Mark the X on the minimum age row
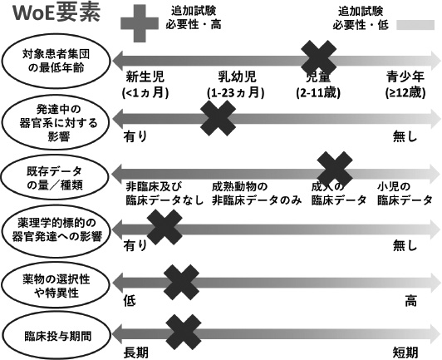point(317,60)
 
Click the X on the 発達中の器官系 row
point(218,117)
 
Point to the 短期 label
point(405,353)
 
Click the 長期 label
point(136,353)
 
